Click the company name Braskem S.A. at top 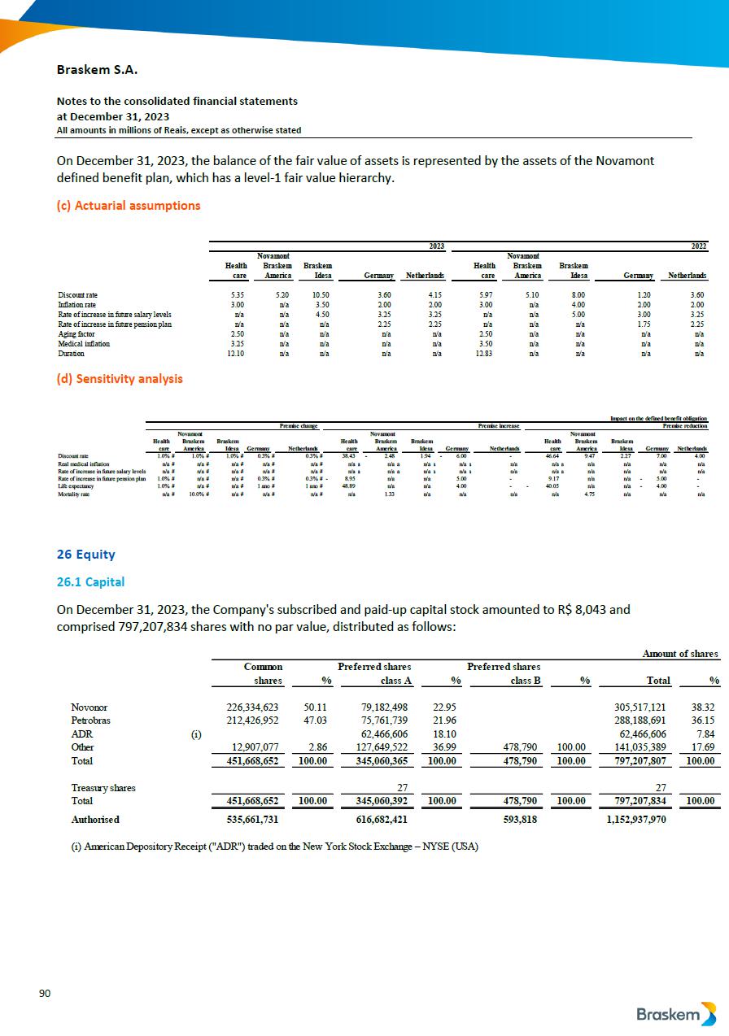(x=96, y=70)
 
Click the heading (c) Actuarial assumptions (x=128, y=205)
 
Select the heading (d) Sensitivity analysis (x=120, y=378)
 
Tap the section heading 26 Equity (x=85, y=555)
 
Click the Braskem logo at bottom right (x=676, y=1014)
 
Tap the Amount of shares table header (x=680, y=652)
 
